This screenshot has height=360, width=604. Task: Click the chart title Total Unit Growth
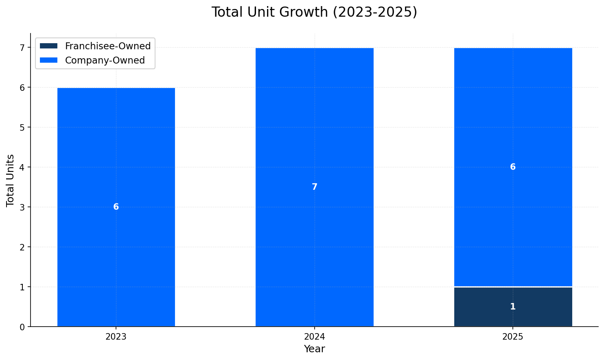314,12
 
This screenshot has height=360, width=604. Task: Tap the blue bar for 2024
314,122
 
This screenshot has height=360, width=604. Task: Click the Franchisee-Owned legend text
108,46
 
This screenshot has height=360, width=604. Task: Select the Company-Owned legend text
105,60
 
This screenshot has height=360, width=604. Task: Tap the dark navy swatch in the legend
49,46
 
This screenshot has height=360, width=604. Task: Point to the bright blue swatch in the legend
49,60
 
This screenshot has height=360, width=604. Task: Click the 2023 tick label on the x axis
116,337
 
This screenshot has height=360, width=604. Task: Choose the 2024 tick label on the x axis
314,337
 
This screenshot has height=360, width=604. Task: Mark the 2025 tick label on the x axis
513,337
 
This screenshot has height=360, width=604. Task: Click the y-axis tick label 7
23,48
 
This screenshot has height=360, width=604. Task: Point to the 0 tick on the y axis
23,327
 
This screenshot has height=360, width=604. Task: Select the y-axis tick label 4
23,167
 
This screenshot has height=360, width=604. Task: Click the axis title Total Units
11,180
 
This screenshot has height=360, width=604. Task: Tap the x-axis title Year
314,349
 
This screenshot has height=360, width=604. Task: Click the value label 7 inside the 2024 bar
314,187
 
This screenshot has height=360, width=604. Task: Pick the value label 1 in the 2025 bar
513,307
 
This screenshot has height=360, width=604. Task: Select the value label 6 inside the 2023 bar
116,207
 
